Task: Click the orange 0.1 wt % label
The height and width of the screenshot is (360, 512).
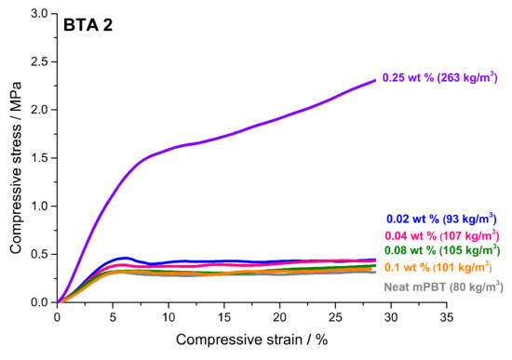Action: [x=443, y=268]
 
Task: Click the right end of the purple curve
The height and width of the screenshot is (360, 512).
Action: [x=375, y=80]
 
